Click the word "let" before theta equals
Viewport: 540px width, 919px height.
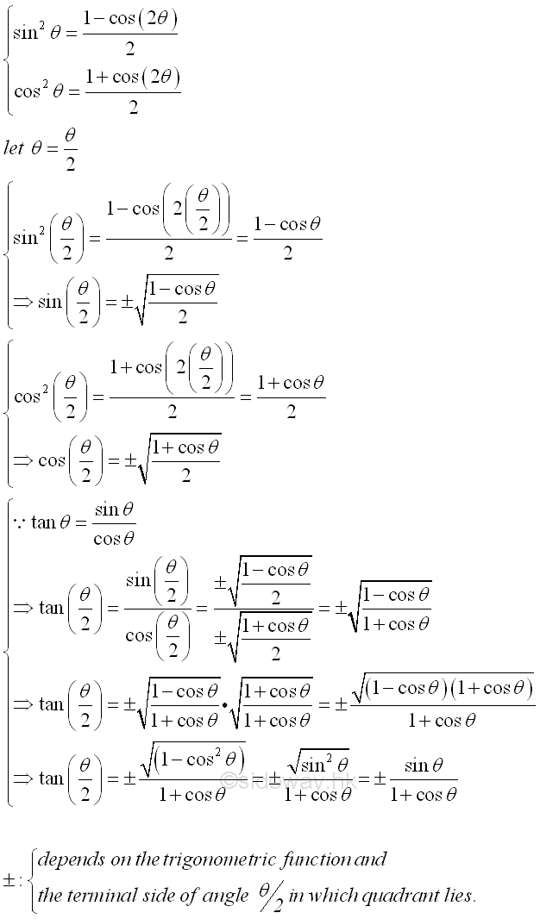click(x=14, y=147)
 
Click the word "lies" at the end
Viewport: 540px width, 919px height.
click(x=459, y=896)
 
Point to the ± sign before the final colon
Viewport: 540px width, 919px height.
click(x=10, y=879)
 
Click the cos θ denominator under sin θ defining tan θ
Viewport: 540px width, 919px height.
click(x=114, y=539)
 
